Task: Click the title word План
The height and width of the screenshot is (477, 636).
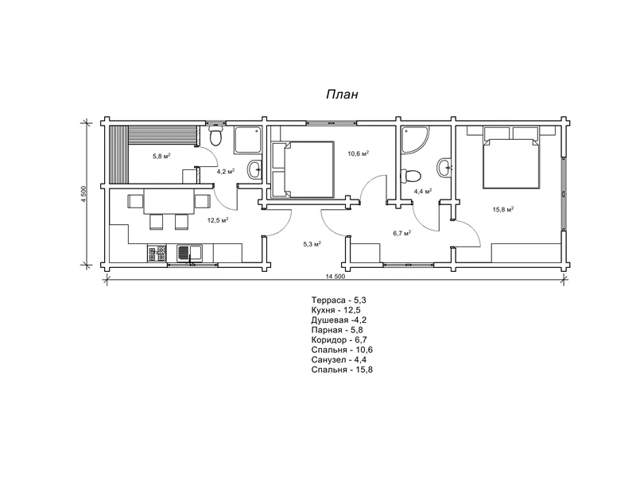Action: (x=343, y=95)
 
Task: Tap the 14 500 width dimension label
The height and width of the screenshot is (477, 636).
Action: (x=335, y=276)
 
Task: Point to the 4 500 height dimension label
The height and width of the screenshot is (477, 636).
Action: (x=83, y=195)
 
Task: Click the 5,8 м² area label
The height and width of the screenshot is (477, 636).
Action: (x=161, y=156)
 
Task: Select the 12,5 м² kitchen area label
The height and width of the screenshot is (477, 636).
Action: (x=218, y=220)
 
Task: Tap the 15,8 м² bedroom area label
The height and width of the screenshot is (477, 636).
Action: (x=503, y=209)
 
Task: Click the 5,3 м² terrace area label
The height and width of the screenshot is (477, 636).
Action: (x=312, y=244)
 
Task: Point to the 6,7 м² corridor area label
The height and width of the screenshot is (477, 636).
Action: (x=402, y=233)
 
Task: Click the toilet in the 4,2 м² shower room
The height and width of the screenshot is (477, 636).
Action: (x=215, y=136)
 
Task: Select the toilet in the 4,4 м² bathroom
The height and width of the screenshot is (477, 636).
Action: (x=410, y=176)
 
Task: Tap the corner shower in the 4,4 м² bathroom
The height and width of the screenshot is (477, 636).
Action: (x=414, y=140)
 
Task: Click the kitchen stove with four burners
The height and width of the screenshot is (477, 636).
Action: (x=157, y=253)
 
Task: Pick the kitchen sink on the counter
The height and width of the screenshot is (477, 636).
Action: (x=190, y=253)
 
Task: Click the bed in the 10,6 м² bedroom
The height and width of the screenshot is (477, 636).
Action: (x=303, y=169)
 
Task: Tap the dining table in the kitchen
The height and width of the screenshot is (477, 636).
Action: (x=169, y=202)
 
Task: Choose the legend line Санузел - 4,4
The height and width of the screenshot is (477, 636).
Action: (x=339, y=360)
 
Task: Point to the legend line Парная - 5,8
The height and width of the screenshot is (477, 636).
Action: (x=337, y=330)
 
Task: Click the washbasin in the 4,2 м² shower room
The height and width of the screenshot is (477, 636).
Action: (x=254, y=169)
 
